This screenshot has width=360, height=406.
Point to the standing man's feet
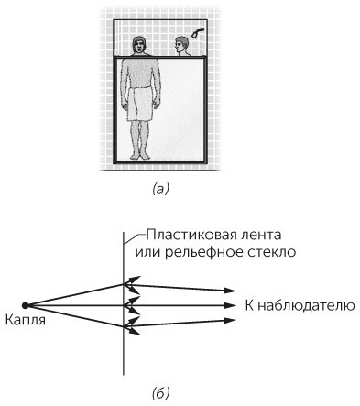pyautogui.click(x=141, y=157)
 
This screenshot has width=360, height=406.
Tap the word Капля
pyautogui.click(x=26, y=322)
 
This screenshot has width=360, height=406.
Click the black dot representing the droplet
pyautogui.click(x=26, y=305)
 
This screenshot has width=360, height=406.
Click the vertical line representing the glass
pyautogui.click(x=124, y=348)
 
